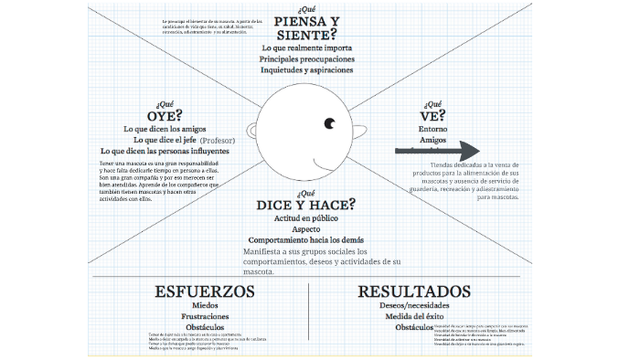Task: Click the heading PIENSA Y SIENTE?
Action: (305, 28)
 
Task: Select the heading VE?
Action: (432, 116)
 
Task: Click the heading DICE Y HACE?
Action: (305, 203)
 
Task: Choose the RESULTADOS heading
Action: (414, 291)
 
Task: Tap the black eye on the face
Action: (329, 123)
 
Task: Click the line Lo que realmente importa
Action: (305, 47)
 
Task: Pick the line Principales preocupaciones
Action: (305, 58)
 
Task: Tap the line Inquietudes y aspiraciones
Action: (305, 70)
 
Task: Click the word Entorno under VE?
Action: (432, 129)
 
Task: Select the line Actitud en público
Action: (305, 218)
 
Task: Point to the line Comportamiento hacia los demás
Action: (305, 239)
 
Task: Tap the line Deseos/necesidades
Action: (414, 306)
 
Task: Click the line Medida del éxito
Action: (414, 316)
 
